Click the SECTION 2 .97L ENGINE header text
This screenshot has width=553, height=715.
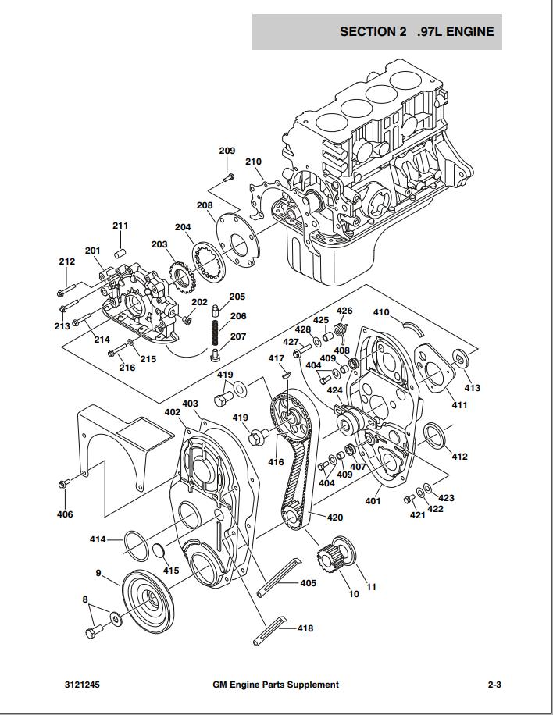tap(416, 32)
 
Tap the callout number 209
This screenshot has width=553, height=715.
tap(227, 151)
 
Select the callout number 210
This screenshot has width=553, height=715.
tap(253, 162)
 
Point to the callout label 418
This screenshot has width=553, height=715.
tap(305, 628)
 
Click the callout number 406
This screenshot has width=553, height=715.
tap(64, 514)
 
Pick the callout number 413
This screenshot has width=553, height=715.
tap(473, 388)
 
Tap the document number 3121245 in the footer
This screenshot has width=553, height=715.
tap(82, 685)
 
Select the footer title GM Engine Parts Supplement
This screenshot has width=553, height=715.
tap(276, 685)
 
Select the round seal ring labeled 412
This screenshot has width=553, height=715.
tap(434, 438)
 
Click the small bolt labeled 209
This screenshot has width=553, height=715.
tap(228, 178)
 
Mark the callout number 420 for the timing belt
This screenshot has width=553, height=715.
tap(334, 518)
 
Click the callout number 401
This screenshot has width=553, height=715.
tap(373, 500)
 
